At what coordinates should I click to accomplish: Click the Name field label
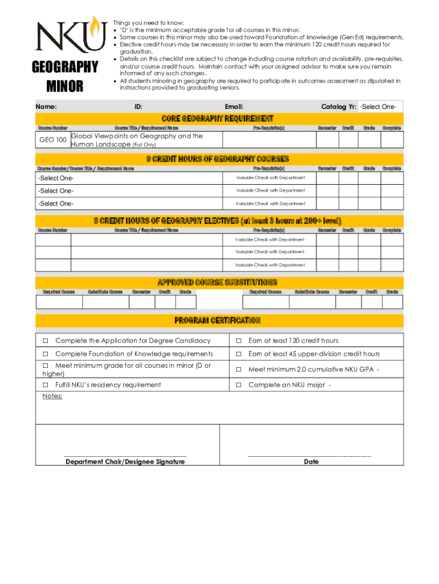pos(46,107)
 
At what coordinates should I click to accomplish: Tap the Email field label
pos(234,107)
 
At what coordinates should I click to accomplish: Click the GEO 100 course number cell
pos(52,140)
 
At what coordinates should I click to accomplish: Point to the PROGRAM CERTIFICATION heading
pos(218,321)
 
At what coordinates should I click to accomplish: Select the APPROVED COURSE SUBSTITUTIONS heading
pos(218,282)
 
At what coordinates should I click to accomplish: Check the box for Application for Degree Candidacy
pos(46,341)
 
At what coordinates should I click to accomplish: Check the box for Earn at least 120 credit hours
pos(239,341)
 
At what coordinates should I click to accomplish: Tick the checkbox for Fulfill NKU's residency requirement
pos(46,385)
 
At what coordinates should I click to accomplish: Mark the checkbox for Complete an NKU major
pos(239,385)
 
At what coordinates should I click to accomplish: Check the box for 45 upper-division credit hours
pos(239,354)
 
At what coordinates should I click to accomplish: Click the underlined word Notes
pos(52,396)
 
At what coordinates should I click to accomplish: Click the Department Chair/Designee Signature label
pos(125,461)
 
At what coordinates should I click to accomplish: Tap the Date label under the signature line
pos(311,461)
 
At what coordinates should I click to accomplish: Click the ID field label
pos(138,107)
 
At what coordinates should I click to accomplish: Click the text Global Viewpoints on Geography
pos(137,136)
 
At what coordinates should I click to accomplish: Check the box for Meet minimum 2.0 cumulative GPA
pos(239,370)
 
